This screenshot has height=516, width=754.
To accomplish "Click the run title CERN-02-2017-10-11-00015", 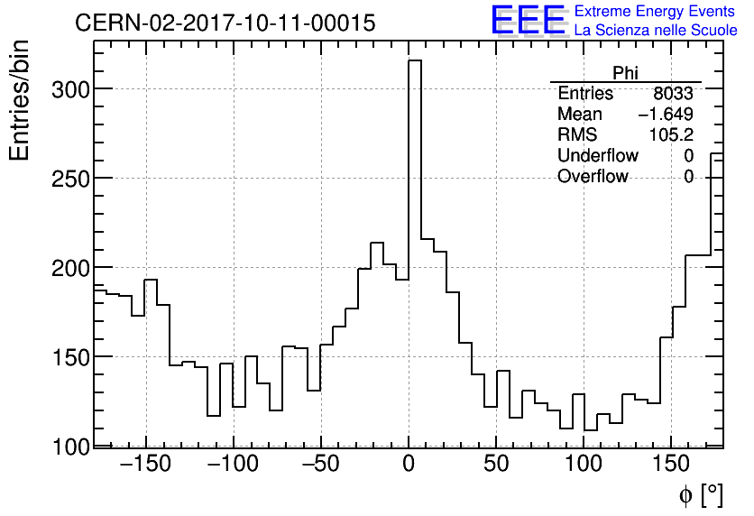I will coord(225,23).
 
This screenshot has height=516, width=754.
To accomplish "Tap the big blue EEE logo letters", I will coord(529,20).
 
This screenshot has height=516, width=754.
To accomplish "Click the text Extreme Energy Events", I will coord(655,12).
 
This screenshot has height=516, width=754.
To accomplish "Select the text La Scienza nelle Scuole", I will coord(655,31).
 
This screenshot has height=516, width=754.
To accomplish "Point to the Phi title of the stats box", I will coord(625,74).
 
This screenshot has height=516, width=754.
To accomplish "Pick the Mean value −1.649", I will coord(666,115).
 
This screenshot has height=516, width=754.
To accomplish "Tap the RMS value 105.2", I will coord(671,135).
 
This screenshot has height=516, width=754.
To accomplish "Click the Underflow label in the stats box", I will coord(597,156).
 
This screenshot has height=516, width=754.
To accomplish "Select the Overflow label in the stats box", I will coord(593,177).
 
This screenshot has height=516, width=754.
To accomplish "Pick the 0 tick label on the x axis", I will coord(409,466).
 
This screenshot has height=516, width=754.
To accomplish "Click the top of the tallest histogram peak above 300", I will coord(415,60).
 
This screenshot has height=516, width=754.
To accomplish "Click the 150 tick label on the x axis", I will coord(671,466).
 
